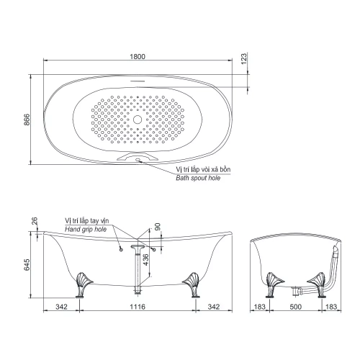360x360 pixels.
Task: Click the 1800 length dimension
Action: click(x=138, y=56)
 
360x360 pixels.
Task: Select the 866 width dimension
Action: click(x=27, y=120)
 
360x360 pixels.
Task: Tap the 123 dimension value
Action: click(x=243, y=59)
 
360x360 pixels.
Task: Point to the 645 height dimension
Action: click(x=27, y=264)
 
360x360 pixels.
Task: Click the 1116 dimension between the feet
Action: click(x=138, y=307)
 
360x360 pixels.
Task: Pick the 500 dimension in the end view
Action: click(x=295, y=307)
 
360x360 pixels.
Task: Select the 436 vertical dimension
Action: click(x=145, y=260)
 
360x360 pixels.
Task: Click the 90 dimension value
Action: click(x=158, y=227)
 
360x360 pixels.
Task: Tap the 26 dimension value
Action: click(x=35, y=221)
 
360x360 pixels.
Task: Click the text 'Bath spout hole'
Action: click(x=198, y=178)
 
